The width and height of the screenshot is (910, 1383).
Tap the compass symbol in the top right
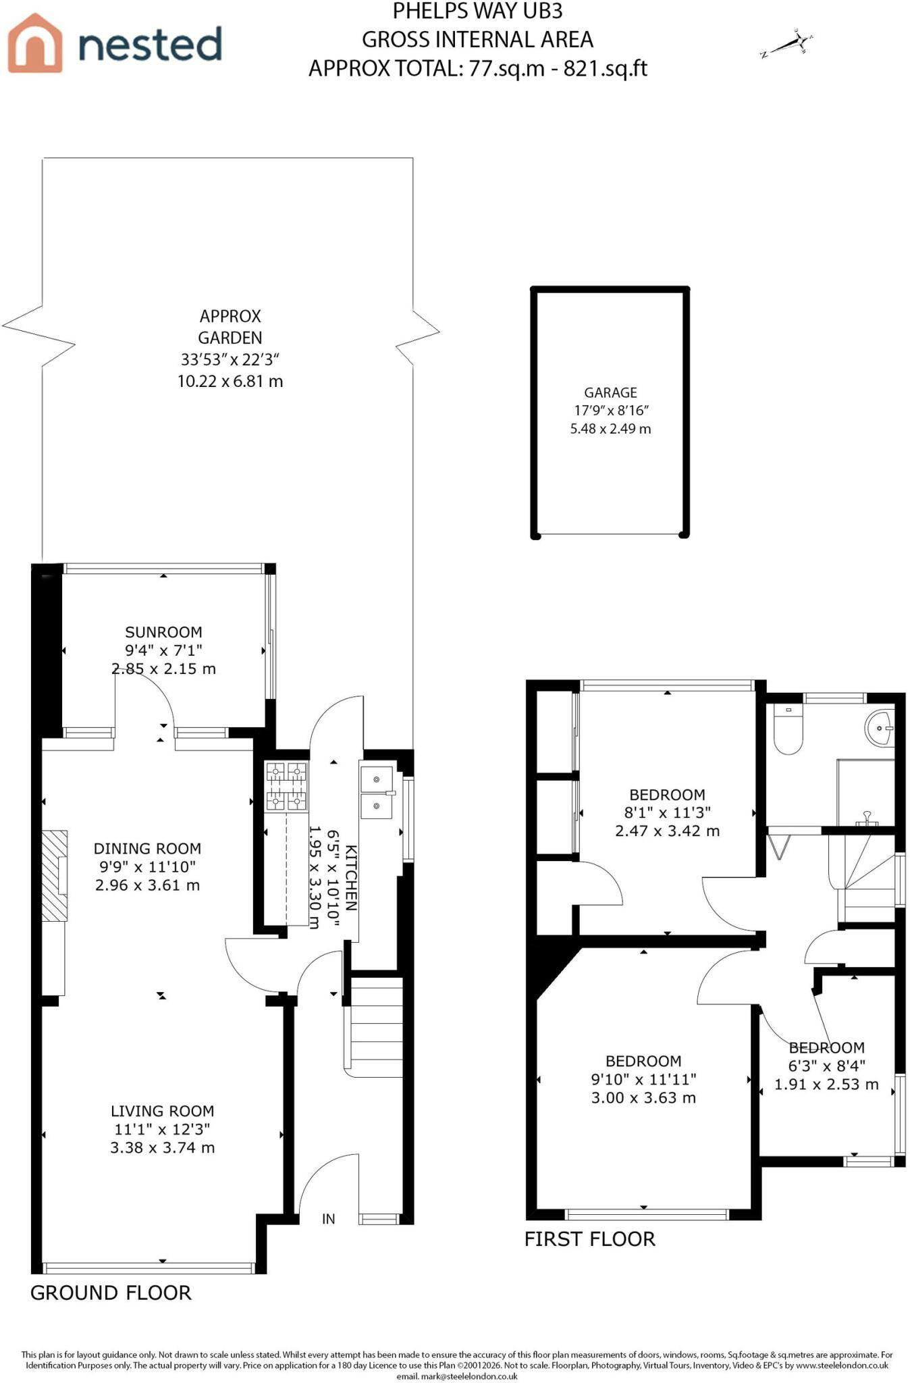point(786,45)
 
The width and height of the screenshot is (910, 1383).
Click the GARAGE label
point(610,392)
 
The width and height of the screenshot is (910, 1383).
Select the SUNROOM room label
point(163,632)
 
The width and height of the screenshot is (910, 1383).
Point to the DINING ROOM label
point(147,848)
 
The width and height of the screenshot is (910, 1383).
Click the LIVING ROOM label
point(162,1111)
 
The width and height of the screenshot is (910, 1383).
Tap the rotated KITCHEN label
point(351,878)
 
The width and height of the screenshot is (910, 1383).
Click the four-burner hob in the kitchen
point(286,785)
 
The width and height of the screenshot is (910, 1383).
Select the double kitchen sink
point(377,792)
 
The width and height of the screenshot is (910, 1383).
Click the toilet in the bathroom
point(787,730)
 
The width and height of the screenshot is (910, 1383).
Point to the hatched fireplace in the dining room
point(55,876)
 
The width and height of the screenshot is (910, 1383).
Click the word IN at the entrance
point(329,1219)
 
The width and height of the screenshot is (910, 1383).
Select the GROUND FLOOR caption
point(111,1293)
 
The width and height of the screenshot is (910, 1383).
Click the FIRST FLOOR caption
point(590,1239)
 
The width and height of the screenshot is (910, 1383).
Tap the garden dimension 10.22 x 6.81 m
point(230,381)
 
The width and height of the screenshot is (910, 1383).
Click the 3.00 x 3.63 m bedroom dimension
point(643,1098)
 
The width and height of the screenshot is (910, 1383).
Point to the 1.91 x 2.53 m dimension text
point(826,1085)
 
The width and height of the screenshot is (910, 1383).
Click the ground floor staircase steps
point(376,1026)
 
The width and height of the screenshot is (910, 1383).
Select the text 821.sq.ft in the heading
point(606,68)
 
